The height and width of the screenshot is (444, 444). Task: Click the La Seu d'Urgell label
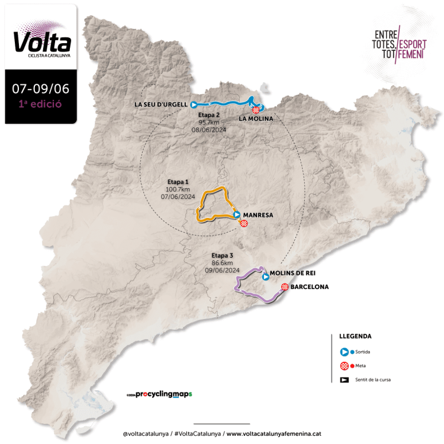click(162, 105)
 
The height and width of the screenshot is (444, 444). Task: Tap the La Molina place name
click(256, 118)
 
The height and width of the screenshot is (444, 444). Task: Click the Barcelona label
click(310, 287)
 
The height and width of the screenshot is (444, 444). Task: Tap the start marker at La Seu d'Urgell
click(194, 105)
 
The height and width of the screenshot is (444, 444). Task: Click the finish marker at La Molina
click(256, 110)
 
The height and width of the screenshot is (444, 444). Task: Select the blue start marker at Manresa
click(237, 215)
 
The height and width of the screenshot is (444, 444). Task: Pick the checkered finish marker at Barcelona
click(285, 287)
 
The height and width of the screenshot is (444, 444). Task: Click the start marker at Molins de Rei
click(266, 276)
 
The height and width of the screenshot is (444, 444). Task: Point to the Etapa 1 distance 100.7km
click(178, 189)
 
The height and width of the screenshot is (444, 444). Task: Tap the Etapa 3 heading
click(223, 255)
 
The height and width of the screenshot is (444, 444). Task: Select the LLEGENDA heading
click(355, 336)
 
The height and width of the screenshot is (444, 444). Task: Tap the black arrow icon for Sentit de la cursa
click(344, 379)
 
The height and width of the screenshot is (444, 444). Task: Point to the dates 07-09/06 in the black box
click(41, 89)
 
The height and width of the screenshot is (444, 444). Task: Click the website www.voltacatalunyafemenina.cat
click(274, 433)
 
